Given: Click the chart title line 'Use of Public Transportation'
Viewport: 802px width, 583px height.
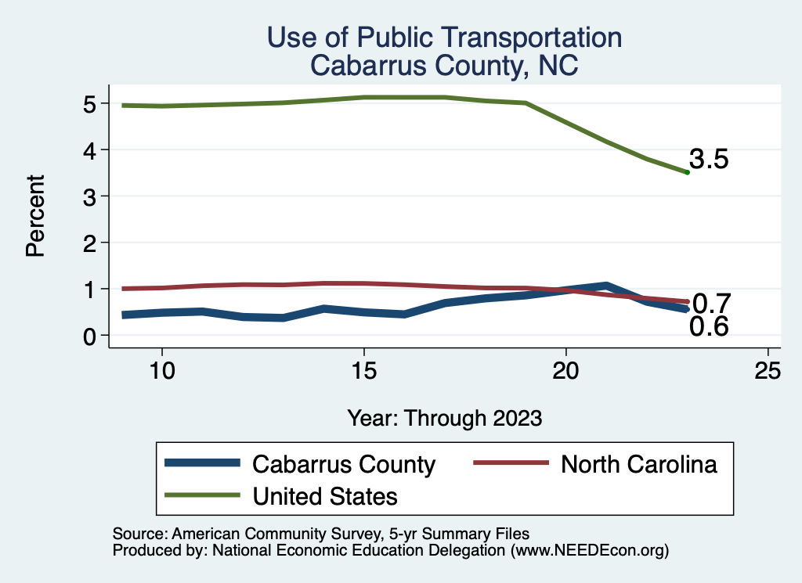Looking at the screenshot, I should pyautogui.click(x=444, y=38).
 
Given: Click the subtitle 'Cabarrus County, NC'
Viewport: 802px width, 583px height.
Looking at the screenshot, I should pyautogui.click(x=444, y=65).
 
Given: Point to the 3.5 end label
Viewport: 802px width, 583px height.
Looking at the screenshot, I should pyautogui.click(x=710, y=160).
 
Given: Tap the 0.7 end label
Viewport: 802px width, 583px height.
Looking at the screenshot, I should pyautogui.click(x=712, y=303).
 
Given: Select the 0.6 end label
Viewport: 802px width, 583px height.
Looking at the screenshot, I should pyautogui.click(x=709, y=327).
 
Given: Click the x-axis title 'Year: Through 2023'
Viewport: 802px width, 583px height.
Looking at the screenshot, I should pyautogui.click(x=444, y=418).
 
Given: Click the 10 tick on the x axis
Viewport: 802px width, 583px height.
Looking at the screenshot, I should pyautogui.click(x=161, y=371).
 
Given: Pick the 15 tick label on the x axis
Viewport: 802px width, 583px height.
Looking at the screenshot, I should pyautogui.click(x=363, y=371).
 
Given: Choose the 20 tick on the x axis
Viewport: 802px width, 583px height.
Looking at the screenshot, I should pyautogui.click(x=565, y=371).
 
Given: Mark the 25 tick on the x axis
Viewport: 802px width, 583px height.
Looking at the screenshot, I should pyautogui.click(x=768, y=371).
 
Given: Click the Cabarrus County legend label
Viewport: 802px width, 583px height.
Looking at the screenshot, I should pyautogui.click(x=343, y=464).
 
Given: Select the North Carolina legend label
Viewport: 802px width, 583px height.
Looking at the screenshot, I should pyautogui.click(x=638, y=464).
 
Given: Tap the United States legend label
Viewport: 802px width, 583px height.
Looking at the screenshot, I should pyautogui.click(x=324, y=496).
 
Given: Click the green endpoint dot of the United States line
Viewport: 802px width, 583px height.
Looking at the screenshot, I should pyautogui.click(x=687, y=172).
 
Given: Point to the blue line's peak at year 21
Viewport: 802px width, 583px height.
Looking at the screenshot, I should pyautogui.click(x=606, y=286).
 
